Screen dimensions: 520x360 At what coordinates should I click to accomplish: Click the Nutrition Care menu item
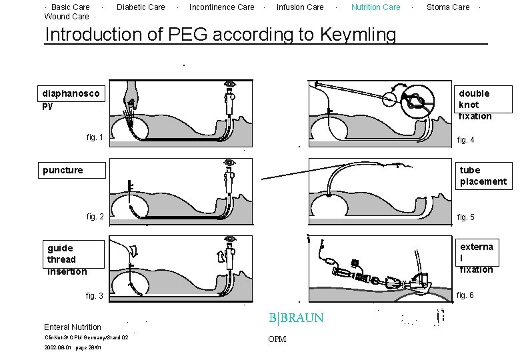coord(376,7)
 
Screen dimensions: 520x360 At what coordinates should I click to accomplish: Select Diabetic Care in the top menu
coord(141,7)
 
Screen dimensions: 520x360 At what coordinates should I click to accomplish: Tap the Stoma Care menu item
coord(448,7)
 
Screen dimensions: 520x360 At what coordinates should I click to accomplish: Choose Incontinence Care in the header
coord(222,7)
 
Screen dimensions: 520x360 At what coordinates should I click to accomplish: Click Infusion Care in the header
coord(300,7)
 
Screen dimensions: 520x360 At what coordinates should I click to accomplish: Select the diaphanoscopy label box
coord(71,99)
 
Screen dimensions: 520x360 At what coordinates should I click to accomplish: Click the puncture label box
coord(71,170)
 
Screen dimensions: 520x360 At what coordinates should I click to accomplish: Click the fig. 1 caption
coord(95,137)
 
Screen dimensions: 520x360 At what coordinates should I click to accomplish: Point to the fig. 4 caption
coord(465,140)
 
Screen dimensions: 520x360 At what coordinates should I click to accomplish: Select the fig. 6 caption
coord(465,295)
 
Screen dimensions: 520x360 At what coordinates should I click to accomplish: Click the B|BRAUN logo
coord(296,318)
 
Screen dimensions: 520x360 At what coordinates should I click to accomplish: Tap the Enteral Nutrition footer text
coord(73,327)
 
